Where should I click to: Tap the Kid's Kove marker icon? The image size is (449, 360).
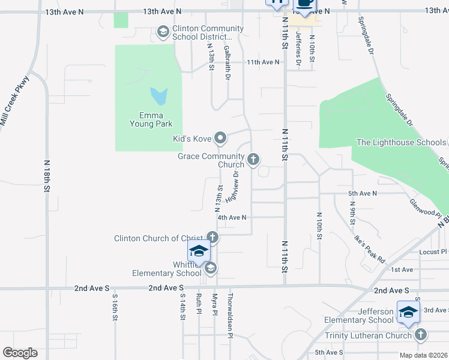tap(220, 139)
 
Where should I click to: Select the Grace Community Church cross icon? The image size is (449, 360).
tap(253, 160)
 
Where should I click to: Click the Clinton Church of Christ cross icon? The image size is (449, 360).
tap(212, 238)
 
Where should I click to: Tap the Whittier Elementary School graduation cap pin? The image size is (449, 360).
tap(199, 250)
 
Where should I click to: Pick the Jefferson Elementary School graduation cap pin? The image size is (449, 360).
tap(408, 312)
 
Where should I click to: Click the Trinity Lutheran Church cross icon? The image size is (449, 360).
tap(420, 335)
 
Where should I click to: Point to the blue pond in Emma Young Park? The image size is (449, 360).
tap(158, 95)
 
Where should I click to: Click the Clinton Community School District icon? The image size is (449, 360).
tap(163, 32)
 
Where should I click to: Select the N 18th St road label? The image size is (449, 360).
tap(47, 176)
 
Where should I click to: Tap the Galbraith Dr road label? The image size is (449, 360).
tap(227, 62)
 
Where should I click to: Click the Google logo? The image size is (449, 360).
tap(20, 352)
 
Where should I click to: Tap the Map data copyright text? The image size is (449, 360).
tap(424, 355)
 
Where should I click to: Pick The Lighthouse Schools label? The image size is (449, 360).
tap(401, 142)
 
